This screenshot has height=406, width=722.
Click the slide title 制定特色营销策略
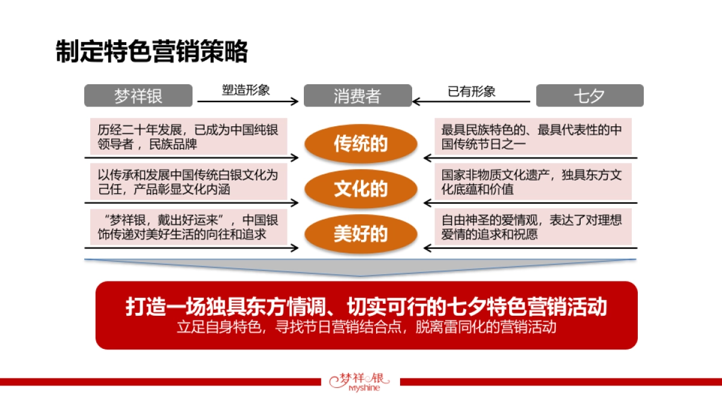tap(152, 52)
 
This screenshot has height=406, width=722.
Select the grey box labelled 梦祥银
tap(138, 96)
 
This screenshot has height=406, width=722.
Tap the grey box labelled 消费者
tap(357, 96)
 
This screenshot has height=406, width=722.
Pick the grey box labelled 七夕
tap(590, 96)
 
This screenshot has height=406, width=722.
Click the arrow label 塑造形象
tap(246, 90)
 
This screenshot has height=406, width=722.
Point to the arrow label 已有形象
tap(472, 91)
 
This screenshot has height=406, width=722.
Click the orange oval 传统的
tap(361, 144)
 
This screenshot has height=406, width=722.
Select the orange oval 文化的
tap(361, 189)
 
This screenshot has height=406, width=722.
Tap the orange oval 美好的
tap(361, 233)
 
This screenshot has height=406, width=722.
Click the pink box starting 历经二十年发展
tap(188, 137)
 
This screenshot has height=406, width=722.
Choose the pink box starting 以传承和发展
tap(188, 182)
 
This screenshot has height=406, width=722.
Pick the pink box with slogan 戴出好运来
tap(188, 227)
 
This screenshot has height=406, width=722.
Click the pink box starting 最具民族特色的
tap(533, 137)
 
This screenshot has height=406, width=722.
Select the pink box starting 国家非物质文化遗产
tap(533, 182)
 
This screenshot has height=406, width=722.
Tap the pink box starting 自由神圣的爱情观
tap(533, 227)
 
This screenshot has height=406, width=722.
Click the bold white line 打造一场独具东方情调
tap(366, 306)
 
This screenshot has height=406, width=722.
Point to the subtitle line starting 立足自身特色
tap(366, 328)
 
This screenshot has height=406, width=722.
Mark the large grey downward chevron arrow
tap(361, 268)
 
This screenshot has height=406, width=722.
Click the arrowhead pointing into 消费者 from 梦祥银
tap(295, 102)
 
